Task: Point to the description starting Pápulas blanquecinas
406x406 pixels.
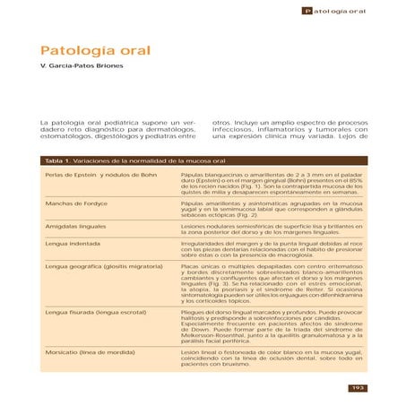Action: point(275,186)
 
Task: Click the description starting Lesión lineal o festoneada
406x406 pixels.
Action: point(275,360)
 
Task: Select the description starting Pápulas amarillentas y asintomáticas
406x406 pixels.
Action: point(275,210)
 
